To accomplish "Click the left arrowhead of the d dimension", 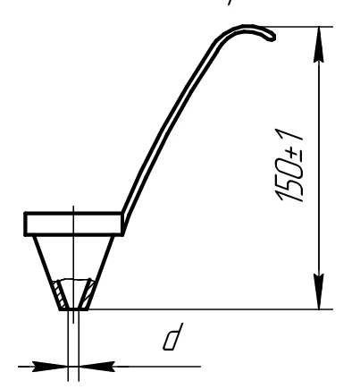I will pyautogui.click(x=53, y=366).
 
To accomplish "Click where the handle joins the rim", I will pyautogui.click(x=124, y=215).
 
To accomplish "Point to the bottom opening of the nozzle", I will pyautogui.click(x=73, y=309).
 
